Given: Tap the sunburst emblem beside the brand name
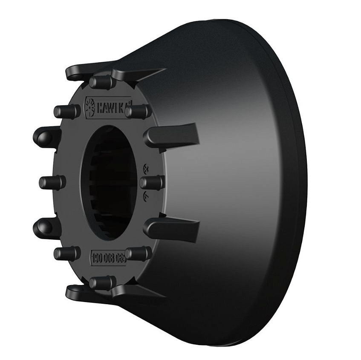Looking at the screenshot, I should click(x=91, y=106).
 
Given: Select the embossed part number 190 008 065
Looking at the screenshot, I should click(x=108, y=256).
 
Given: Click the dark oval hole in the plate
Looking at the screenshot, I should click(x=109, y=182).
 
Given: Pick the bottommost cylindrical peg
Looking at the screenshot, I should click(x=102, y=282).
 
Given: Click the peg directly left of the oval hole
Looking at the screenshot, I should click(x=52, y=182).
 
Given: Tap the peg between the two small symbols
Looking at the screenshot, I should click(x=151, y=182).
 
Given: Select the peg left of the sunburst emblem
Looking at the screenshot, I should click(x=66, y=112).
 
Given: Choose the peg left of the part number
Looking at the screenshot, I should click(x=66, y=253).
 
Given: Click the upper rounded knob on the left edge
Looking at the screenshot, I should click(x=46, y=137).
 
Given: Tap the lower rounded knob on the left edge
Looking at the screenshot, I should click(x=46, y=228).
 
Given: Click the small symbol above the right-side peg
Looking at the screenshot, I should click(x=146, y=167).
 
